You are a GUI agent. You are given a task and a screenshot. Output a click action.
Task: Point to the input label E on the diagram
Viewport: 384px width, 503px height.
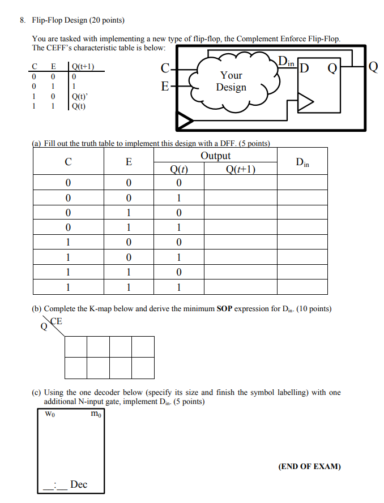tap(165, 87)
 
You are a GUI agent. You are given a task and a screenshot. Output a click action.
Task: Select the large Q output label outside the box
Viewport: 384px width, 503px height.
tap(372, 68)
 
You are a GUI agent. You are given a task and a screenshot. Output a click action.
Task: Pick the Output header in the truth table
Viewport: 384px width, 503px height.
tap(216, 156)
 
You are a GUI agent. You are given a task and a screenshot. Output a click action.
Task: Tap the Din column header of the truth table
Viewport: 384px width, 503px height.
tap(303, 162)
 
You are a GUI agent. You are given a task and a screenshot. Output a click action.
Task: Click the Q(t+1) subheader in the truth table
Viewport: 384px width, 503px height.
tap(241, 169)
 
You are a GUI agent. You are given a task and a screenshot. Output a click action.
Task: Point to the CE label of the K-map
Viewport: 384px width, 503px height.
tap(57, 321)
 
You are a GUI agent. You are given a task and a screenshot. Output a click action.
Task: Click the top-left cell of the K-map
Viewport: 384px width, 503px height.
tap(76, 347)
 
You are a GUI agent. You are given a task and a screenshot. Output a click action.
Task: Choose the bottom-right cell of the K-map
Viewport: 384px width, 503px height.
tap(143, 368)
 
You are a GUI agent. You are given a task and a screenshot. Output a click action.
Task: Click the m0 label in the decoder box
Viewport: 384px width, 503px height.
tap(96, 413)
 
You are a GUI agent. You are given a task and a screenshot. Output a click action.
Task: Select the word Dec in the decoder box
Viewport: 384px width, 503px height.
tap(79, 485)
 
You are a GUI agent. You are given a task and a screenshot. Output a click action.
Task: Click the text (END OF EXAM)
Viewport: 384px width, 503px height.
tap(309, 467)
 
